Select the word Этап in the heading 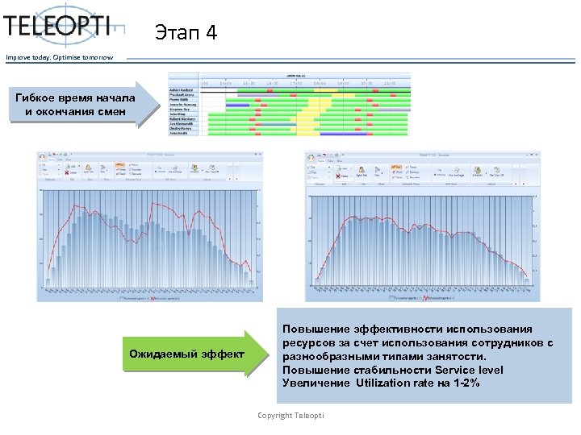coord(176,34)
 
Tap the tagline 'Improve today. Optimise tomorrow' coord(60,57)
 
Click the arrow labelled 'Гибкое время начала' coord(77,105)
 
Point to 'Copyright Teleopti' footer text coord(290,415)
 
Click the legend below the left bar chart coord(150,296)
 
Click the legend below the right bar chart coord(420,297)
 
